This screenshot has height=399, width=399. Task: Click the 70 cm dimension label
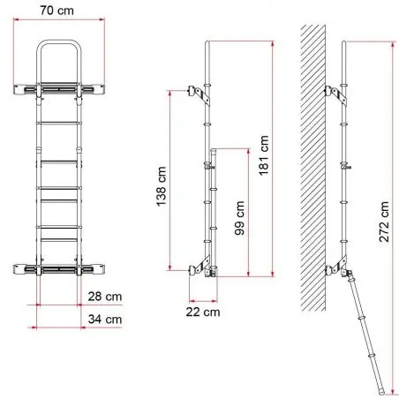click(x=56, y=11)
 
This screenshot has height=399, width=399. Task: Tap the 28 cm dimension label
click(x=105, y=297)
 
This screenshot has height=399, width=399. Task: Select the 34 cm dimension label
click(x=105, y=320)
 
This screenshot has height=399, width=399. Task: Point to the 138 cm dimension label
click(x=162, y=186)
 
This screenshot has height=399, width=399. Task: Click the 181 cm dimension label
click(x=264, y=155)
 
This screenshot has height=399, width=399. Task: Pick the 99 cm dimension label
click(x=239, y=218)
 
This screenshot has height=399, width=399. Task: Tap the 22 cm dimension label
click(x=203, y=312)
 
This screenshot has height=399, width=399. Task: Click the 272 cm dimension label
click(x=384, y=222)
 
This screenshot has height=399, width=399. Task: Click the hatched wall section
click(x=312, y=168)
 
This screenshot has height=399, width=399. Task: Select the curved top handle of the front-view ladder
click(x=59, y=42)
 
